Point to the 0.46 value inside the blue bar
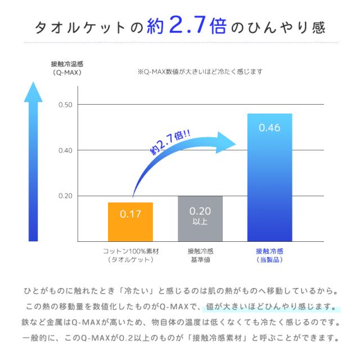coord(269,128)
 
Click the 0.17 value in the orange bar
coord(130,214)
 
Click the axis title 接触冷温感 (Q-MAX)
coord(67,68)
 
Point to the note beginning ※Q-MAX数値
coord(200,72)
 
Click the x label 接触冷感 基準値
coord(200,255)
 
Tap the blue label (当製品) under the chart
coord(269,260)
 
